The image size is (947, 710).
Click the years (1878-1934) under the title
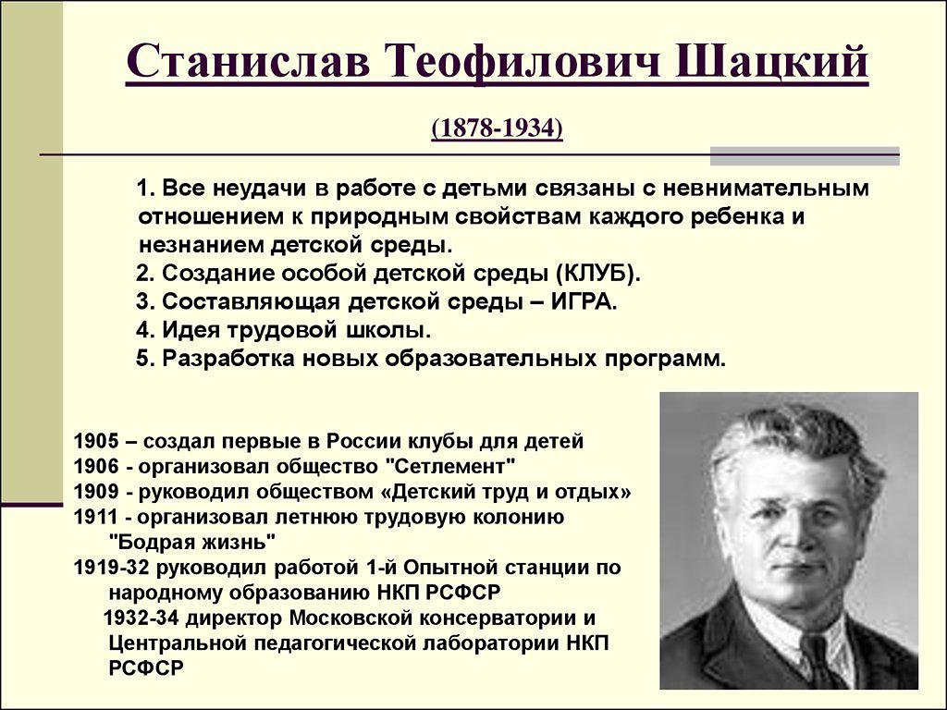[497, 128]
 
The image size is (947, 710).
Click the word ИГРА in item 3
[584, 301]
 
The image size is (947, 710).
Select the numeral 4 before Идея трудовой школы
[142, 330]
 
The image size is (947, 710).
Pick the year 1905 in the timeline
[96, 441]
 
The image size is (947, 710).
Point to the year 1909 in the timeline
[96, 492]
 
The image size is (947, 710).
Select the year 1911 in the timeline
[96, 518]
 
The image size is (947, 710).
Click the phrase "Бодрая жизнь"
[192, 542]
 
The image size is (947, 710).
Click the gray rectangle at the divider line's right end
[806, 155]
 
